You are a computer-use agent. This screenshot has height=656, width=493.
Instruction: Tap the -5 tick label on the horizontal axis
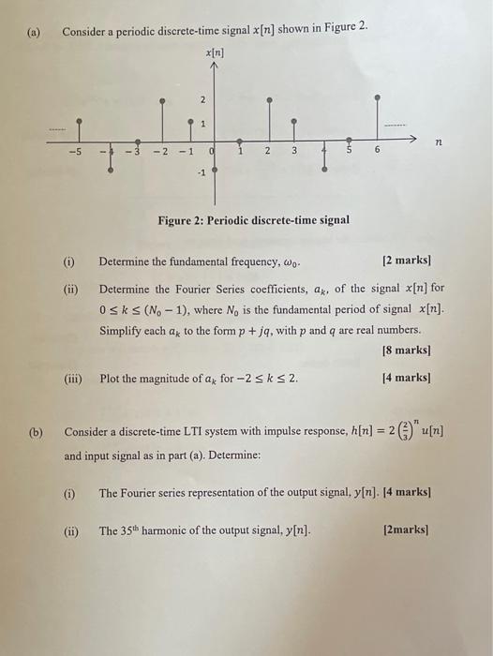(79, 152)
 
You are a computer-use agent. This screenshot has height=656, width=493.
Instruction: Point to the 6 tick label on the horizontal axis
(378, 152)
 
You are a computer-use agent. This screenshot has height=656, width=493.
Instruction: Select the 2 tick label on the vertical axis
(202, 99)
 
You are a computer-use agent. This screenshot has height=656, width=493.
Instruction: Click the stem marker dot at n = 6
(378, 97)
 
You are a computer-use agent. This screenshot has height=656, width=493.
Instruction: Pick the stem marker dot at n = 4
(325, 171)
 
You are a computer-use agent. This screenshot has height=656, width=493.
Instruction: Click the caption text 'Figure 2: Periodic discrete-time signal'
(254, 220)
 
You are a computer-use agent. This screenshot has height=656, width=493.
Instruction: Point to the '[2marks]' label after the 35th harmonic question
(407, 530)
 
